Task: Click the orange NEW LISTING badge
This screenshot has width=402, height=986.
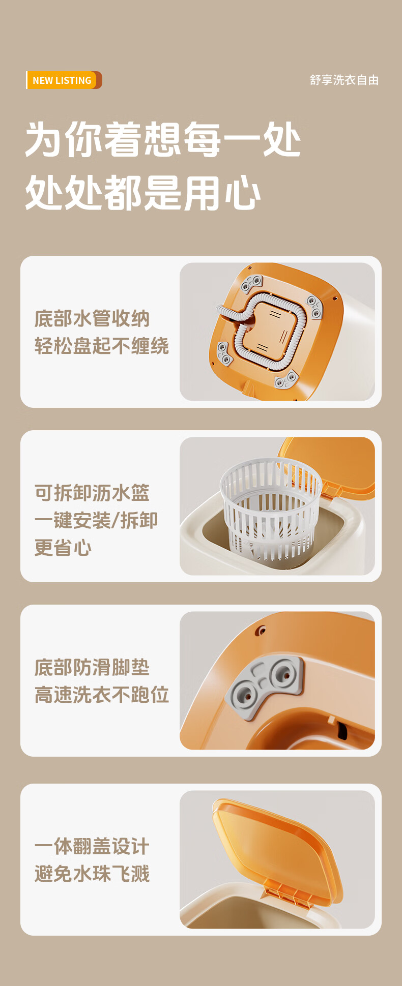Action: click(64, 80)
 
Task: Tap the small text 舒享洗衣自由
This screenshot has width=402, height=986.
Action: click(344, 80)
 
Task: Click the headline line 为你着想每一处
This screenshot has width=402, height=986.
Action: click(163, 139)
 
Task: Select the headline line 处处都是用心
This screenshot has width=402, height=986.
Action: click(143, 193)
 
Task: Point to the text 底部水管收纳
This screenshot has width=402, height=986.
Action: click(92, 319)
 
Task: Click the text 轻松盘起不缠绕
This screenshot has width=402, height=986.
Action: click(102, 346)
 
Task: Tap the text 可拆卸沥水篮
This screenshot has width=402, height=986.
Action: click(92, 493)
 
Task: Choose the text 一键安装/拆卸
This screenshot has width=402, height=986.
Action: click(96, 520)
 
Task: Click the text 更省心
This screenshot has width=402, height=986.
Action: click(63, 548)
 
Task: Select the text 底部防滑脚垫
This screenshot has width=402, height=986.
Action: click(92, 667)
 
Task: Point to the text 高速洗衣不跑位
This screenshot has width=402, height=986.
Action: click(102, 695)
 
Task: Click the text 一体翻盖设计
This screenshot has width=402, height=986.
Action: click(92, 847)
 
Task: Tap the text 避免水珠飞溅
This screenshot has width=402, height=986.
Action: click(92, 874)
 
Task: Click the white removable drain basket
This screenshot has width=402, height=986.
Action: click(271, 509)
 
